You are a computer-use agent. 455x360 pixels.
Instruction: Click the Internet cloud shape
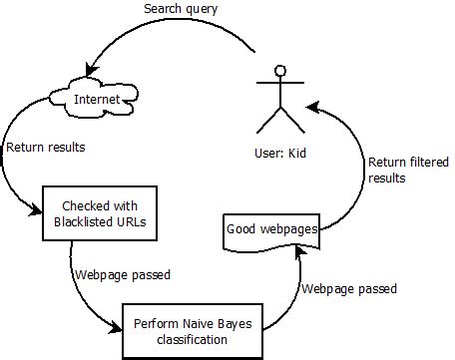click(97, 99)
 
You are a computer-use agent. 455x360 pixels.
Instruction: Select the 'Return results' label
click(46, 147)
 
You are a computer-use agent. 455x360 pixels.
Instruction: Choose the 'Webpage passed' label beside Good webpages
click(349, 288)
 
